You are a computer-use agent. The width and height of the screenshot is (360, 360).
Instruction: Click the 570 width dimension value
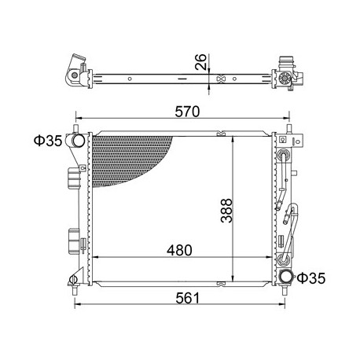[187, 112]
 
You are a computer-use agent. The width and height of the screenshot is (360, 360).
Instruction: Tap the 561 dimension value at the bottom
[187, 298]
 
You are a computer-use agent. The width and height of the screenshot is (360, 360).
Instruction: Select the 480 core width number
[179, 250]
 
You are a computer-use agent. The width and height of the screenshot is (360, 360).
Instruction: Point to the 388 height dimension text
[226, 211]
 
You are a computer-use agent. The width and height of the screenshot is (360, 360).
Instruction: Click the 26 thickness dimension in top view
[201, 62]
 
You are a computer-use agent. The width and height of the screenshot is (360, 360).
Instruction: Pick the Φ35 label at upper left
[48, 141]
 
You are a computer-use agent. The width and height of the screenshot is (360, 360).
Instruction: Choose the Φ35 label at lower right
[311, 278]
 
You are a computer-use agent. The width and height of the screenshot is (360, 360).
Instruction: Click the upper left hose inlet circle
[78, 141]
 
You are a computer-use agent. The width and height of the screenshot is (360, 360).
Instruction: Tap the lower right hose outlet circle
[286, 277]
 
